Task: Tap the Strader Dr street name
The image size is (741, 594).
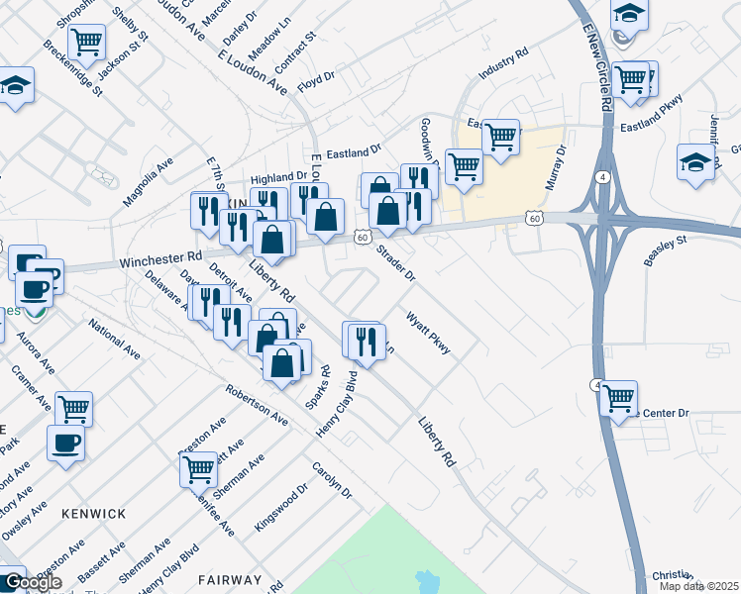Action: [x=394, y=261]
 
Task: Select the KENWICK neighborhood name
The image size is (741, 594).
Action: [x=94, y=514]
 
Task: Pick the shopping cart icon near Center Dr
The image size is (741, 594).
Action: [x=619, y=398]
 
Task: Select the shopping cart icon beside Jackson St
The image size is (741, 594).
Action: [x=87, y=42]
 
